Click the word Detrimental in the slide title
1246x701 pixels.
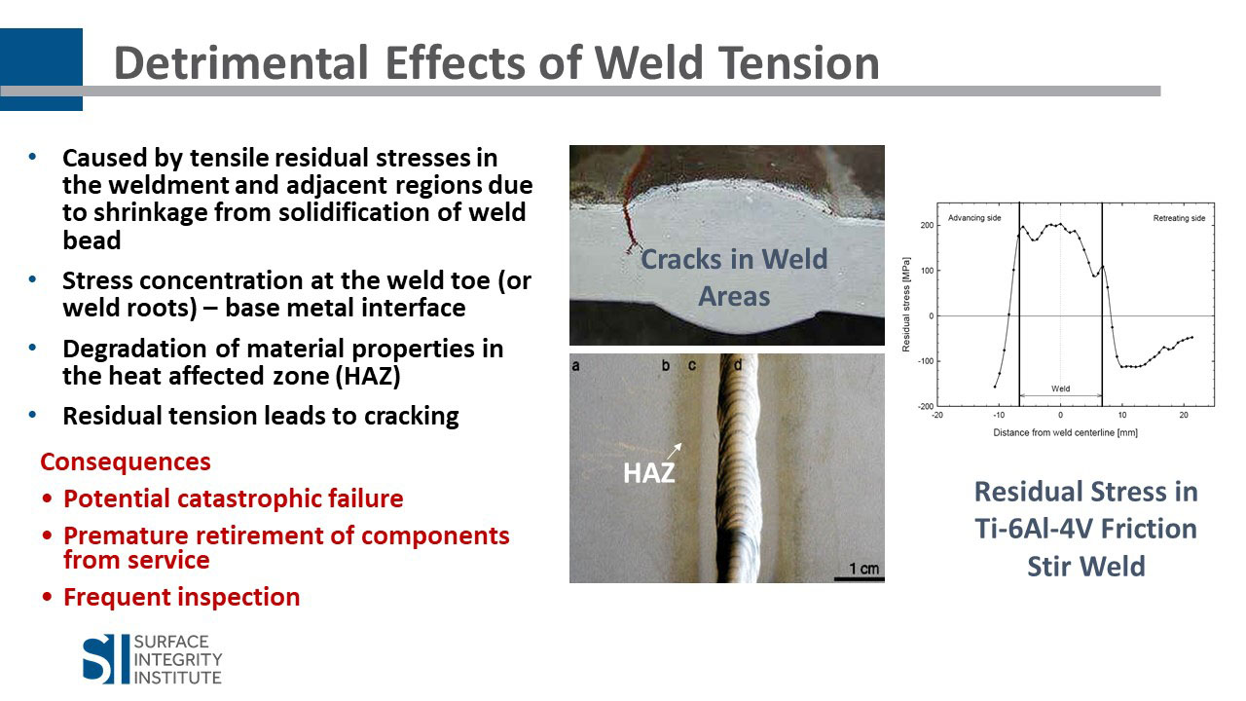(x=240, y=63)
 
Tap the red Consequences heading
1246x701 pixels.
(x=126, y=461)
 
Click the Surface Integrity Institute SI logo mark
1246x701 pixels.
(x=98, y=659)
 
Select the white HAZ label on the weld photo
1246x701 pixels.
(x=649, y=473)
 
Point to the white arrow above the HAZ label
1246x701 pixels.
(x=675, y=451)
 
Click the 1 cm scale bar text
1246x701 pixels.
(x=863, y=568)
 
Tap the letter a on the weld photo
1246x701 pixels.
(x=575, y=365)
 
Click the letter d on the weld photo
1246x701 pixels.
(x=738, y=365)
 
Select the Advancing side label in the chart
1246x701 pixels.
(x=974, y=218)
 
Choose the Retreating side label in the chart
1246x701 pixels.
(x=1179, y=218)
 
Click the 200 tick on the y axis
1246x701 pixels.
(x=927, y=225)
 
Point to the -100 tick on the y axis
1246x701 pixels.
(x=925, y=361)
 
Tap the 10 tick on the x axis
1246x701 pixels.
(x=1122, y=415)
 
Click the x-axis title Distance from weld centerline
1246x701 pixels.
(x=1065, y=432)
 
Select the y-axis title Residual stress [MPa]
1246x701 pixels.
(x=906, y=305)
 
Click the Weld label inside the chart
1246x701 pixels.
(x=1061, y=388)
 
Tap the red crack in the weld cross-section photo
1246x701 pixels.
(x=632, y=205)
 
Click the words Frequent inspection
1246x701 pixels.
(x=182, y=597)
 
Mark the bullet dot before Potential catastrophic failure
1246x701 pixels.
(x=48, y=498)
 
